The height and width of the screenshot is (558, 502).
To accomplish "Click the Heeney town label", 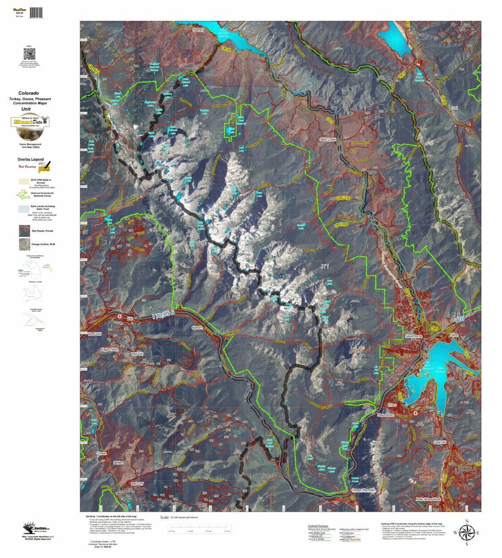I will click(198, 30).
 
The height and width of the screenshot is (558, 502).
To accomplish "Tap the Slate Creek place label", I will click(328, 139).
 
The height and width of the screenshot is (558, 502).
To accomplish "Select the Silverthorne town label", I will click(413, 337).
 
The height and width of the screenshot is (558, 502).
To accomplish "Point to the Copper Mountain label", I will click(364, 490).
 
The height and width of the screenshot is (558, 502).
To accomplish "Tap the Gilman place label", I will click(102, 453).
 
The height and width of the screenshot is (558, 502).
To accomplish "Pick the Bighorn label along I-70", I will click(197, 328).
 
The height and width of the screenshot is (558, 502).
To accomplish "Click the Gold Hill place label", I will click(440, 442).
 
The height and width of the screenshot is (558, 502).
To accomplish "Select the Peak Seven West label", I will click(428, 499).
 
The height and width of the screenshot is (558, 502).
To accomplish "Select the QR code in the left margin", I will click(29, 54).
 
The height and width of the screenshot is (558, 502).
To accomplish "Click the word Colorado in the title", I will click(28, 93).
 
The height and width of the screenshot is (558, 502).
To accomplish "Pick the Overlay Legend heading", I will click(31, 159).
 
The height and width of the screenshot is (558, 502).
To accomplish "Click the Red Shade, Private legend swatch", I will click(24, 231).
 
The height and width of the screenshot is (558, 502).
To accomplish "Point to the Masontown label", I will click(385, 415).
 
